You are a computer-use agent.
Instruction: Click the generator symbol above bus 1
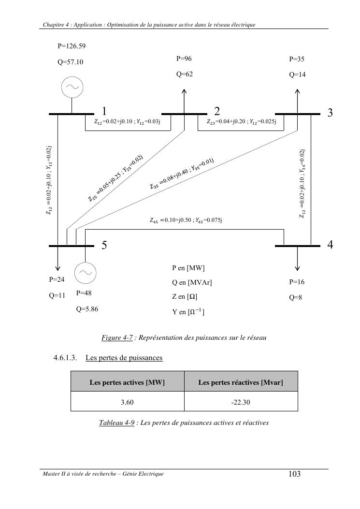click(72, 87)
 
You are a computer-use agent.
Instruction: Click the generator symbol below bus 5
click(86, 272)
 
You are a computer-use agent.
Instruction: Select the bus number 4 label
click(330, 245)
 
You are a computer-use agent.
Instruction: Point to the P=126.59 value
click(72, 46)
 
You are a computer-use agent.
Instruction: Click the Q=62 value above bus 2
click(185, 74)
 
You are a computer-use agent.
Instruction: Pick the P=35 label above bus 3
click(297, 59)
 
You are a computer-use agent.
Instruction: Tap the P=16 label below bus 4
click(297, 282)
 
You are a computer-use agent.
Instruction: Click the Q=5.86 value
click(87, 309)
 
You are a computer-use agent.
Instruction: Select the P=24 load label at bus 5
click(57, 279)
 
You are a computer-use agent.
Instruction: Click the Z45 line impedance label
click(186, 220)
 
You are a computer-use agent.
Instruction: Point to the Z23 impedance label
click(241, 122)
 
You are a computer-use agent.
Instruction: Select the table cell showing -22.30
click(241, 402)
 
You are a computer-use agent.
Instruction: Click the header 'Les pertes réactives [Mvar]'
click(241, 382)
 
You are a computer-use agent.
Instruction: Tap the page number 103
click(294, 474)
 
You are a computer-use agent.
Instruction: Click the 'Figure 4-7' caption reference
click(117, 338)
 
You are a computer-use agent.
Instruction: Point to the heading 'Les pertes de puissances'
click(124, 358)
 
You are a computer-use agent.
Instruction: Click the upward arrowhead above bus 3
click(297, 90)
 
